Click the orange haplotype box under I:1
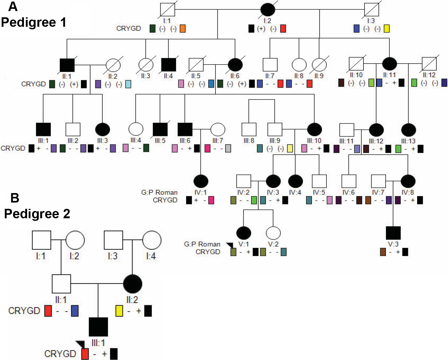(182, 29)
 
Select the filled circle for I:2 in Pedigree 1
(267, 9)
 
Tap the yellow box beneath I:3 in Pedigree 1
(387, 29)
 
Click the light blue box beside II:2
(128, 84)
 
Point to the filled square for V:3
(393, 233)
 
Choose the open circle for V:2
(273, 233)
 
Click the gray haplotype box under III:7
(228, 148)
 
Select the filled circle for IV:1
(201, 181)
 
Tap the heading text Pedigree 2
(37, 214)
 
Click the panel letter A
(13, 6)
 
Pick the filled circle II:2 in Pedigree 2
(133, 284)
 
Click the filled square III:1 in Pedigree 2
(98, 327)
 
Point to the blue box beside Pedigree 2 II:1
(75, 311)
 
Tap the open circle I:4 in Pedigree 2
(152, 240)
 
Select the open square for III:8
(249, 129)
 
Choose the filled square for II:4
(169, 65)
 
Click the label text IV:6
(348, 192)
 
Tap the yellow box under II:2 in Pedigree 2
(119, 311)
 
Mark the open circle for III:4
(136, 129)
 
